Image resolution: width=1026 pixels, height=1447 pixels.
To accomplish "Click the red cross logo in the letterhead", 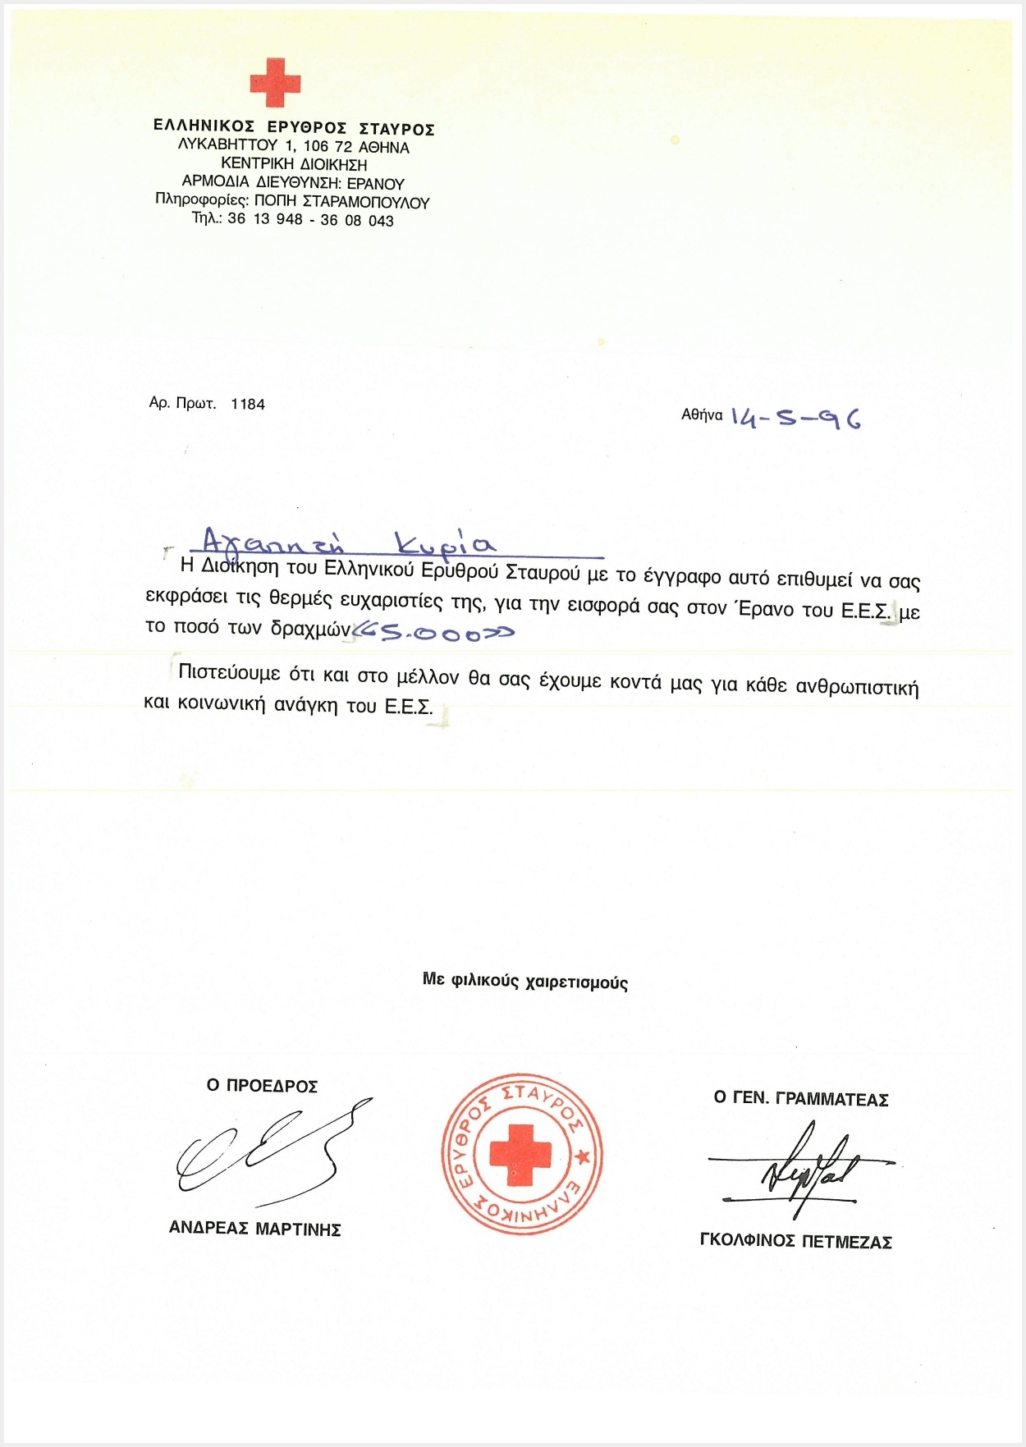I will point(275,82).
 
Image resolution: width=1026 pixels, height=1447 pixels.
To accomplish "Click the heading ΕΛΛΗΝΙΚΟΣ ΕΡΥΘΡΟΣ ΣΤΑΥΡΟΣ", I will point(294,128).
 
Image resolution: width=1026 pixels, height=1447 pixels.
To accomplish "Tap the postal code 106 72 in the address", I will point(327,147).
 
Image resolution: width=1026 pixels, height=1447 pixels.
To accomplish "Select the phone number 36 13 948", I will point(265,219).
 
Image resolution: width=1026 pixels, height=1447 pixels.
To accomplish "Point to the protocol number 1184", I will point(248,404).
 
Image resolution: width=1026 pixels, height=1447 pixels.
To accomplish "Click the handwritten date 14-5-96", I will point(795,419).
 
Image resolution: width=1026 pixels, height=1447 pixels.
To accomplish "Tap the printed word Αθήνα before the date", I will point(702,415).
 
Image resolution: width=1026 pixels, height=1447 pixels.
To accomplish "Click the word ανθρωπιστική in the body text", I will point(857,686).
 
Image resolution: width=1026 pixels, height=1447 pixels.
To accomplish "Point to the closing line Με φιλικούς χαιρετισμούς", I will point(525,981).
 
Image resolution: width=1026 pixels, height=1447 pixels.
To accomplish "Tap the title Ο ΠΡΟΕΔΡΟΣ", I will point(262,1086).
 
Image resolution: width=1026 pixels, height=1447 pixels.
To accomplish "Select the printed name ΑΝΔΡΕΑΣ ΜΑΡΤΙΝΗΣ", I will point(254,1229).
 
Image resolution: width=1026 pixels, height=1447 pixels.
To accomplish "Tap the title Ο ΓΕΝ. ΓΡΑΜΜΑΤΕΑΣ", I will point(801,1099).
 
